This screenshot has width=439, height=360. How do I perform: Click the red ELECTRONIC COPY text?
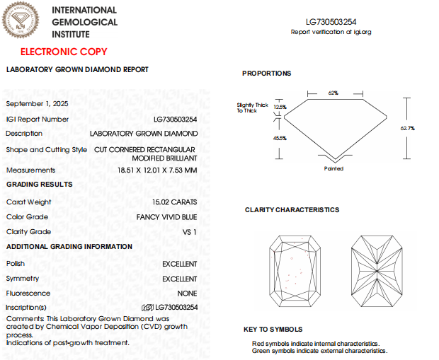[x=64, y=52]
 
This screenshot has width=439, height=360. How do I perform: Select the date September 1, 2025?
[x=38, y=104]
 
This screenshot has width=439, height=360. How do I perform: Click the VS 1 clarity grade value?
[x=190, y=232]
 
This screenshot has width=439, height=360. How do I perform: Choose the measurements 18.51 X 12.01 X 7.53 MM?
[x=157, y=170]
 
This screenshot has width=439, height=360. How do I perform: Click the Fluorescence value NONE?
[x=188, y=294]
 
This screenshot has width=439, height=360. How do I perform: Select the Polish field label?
[x=16, y=263]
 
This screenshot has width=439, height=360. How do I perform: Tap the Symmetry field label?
[x=23, y=279]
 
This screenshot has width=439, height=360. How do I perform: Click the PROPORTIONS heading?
[x=266, y=74]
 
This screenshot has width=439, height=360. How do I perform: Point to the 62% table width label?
[x=333, y=93]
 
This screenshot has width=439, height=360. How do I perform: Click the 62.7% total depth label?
[x=407, y=128]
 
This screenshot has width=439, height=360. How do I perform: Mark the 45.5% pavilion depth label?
[x=280, y=138]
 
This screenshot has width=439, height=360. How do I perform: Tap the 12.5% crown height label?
[x=280, y=107]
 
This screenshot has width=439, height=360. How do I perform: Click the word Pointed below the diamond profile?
[x=333, y=169]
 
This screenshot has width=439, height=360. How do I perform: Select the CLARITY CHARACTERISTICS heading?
[x=292, y=210]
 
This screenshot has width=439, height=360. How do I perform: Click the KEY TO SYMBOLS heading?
[x=273, y=330]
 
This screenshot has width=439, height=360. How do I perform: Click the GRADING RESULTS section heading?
[x=40, y=185]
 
